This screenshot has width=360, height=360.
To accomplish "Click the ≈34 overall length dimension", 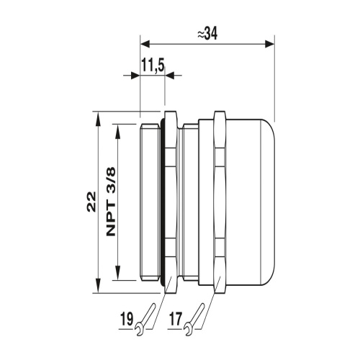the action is pos(207,34).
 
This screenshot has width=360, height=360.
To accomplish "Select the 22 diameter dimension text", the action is pos(91,202).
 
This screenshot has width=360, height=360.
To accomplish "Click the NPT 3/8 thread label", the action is pos(111,202).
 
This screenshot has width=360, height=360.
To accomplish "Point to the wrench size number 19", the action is pos(126,319).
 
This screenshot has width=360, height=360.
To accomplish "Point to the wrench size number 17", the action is pos(176,319).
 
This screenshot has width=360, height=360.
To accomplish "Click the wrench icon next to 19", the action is pos(145,320).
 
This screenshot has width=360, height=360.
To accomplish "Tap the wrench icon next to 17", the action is pos(194,320).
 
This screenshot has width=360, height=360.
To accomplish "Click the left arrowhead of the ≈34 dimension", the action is pos(145,44).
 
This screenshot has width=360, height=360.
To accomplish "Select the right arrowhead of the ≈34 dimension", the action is pos(269,44).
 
